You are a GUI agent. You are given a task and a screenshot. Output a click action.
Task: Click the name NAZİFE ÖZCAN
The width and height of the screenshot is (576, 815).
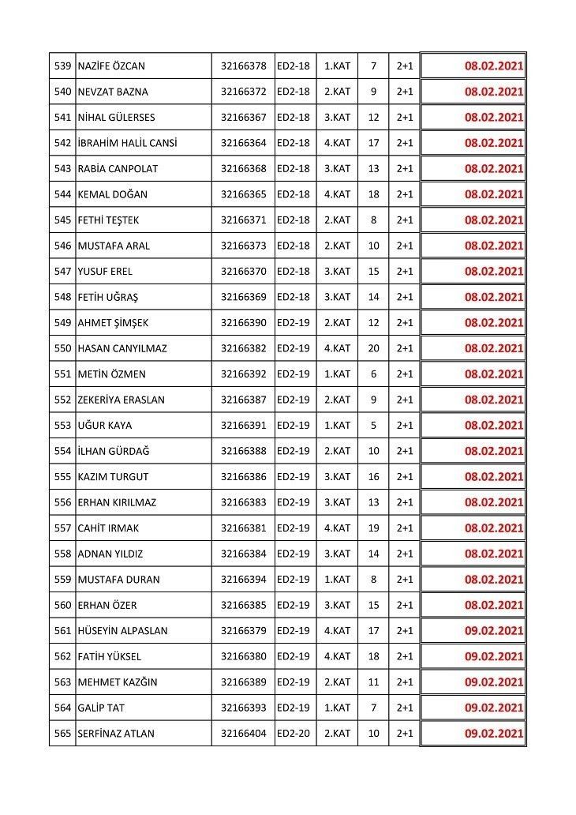tap(111, 66)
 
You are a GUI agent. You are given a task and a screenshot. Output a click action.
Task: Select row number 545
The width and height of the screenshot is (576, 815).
tap(62, 220)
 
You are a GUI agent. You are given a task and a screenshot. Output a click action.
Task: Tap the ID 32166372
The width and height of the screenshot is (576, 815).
tap(244, 92)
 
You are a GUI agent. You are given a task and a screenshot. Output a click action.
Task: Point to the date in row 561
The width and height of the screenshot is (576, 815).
tap(494, 630)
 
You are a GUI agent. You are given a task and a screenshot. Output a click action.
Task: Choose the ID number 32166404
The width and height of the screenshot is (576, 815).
tap(244, 733)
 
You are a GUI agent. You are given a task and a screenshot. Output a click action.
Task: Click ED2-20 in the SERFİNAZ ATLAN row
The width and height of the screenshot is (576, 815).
tap(294, 733)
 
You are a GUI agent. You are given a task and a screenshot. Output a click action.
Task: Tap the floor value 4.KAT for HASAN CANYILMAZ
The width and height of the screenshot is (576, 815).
tap(337, 348)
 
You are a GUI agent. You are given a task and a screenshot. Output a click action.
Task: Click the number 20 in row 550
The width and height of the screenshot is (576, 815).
tap(373, 348)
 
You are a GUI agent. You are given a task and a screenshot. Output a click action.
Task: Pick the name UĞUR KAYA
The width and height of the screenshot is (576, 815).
tap(105, 425)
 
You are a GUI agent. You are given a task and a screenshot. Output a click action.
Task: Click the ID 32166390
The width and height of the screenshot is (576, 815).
tap(244, 322)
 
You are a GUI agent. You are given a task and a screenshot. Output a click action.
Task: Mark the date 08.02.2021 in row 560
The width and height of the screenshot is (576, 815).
tap(494, 605)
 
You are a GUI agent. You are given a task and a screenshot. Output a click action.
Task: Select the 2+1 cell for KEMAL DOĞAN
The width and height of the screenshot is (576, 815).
tap(405, 194)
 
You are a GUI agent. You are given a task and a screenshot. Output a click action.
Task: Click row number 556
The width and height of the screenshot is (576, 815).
tap(62, 502)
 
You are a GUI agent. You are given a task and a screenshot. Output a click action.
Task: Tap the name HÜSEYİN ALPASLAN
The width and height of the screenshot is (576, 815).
tap(122, 630)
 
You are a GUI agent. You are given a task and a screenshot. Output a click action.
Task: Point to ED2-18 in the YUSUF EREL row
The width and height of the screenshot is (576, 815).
tap(294, 271)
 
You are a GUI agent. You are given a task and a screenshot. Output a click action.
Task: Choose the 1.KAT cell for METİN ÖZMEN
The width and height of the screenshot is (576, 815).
tap(337, 374)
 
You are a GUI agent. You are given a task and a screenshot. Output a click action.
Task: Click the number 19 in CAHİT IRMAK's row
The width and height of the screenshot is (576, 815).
tap(373, 528)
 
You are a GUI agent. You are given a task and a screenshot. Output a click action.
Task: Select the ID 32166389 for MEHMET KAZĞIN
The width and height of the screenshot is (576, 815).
tap(244, 682)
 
